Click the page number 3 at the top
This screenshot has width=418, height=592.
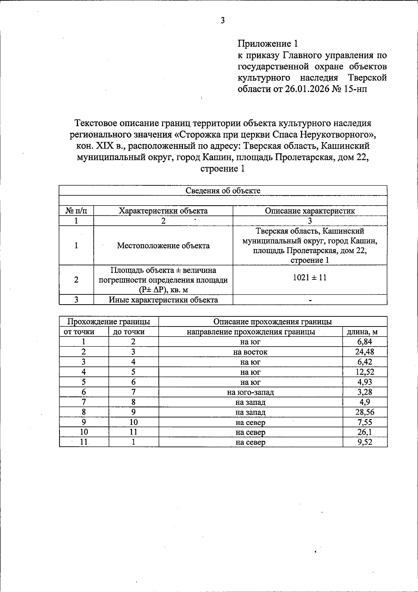coord(223,21)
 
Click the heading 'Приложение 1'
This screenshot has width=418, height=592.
coord(268,44)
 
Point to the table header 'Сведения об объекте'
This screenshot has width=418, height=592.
coord(223,191)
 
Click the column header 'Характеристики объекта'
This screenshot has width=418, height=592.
coord(163,211)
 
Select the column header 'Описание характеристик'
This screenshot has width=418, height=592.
coord(310,211)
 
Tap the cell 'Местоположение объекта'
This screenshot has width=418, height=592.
coord(163,246)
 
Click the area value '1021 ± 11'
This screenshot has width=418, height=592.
coord(310,278)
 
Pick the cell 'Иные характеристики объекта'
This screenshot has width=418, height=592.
coord(163,300)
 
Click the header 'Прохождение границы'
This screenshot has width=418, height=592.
coord(109,322)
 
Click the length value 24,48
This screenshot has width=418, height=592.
coord(364,352)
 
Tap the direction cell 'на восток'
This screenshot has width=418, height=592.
coord(250,352)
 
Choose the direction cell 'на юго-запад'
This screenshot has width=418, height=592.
coord(250,392)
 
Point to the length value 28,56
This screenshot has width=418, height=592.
coord(364,412)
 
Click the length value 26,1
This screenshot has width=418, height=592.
coord(364,432)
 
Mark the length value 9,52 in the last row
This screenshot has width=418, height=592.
coord(364,443)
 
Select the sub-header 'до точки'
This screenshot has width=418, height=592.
coord(129,332)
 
